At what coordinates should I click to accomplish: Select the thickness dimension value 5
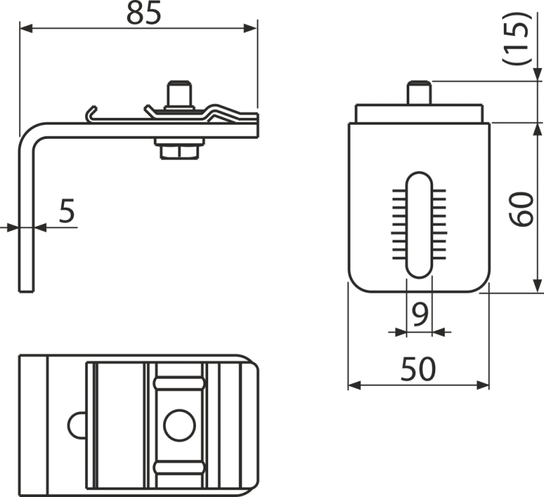[x=66, y=212]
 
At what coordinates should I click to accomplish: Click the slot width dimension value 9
[x=420, y=314]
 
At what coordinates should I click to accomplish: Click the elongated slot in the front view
[x=418, y=225]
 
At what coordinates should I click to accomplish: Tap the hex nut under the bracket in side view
[x=180, y=150]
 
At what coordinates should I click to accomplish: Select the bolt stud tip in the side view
[x=180, y=91]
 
